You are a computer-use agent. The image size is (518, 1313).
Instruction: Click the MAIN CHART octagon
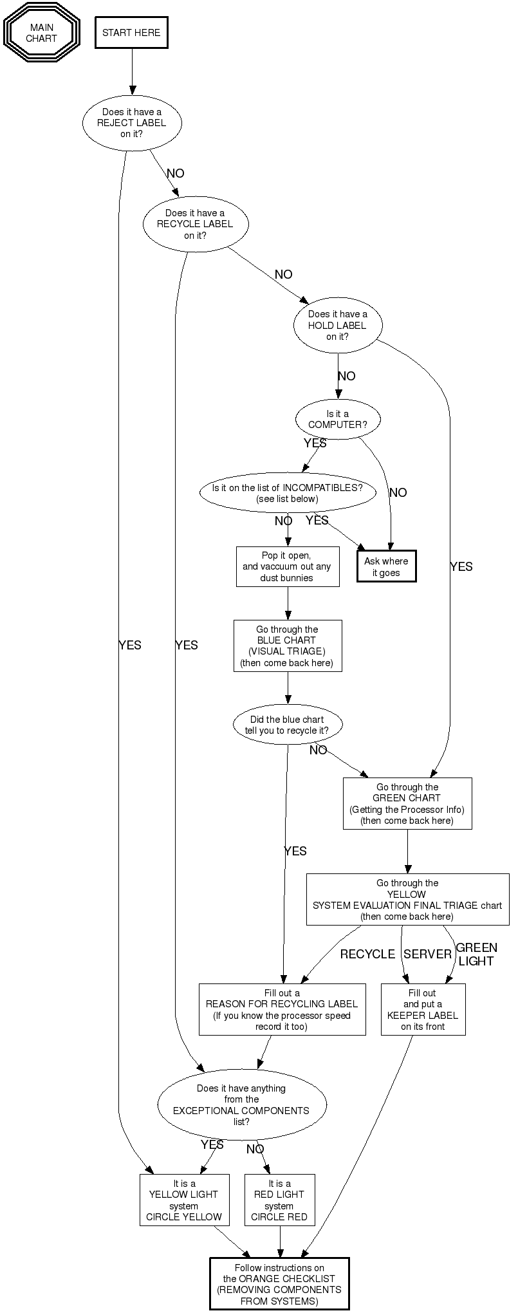pos(42,33)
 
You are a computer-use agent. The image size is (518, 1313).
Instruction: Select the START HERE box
pos(131,33)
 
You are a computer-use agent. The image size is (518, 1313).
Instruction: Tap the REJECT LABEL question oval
pos(132,123)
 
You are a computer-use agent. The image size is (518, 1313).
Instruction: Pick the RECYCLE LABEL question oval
pos(195,224)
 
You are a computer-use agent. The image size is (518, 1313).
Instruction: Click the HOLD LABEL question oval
pos(338,326)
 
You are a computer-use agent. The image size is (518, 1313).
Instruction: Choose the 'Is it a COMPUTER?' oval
pos(338,420)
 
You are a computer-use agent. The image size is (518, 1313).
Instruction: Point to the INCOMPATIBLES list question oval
pos(287,493)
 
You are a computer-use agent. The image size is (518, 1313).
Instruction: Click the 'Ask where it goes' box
pos(386,566)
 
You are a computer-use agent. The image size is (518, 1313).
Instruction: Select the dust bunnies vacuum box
pos(287,567)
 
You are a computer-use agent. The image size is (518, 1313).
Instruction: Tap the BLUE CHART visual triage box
pos(287,646)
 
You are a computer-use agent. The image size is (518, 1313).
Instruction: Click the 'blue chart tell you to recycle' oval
pos(287,725)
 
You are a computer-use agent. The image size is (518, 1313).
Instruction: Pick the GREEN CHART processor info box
pos(407,804)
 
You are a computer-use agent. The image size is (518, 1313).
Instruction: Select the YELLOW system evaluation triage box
pos(407,900)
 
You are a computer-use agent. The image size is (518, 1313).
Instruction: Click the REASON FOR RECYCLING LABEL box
pos(282,1010)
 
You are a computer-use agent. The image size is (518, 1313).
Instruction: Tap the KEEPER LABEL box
pos(423,1010)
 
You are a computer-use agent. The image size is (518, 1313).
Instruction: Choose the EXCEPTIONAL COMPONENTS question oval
pos(241,1105)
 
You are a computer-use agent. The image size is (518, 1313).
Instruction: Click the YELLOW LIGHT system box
pos(184,1200)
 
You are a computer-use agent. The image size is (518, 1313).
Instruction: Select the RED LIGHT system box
pos(279,1200)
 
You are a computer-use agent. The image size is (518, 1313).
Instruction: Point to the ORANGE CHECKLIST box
pos(279,1284)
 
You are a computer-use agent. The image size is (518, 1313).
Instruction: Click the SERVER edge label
pos(427,954)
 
